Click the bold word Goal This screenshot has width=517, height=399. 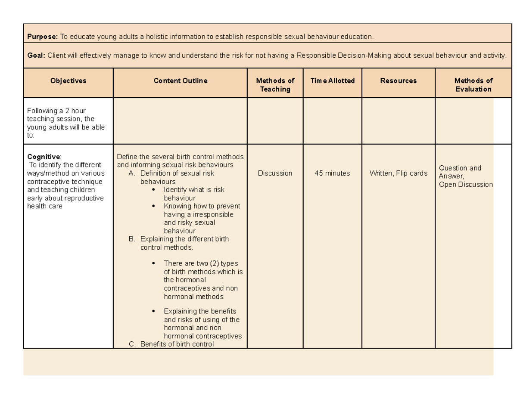point(36,55)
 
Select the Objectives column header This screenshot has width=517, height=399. point(68,80)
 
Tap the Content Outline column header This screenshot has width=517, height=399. point(181,80)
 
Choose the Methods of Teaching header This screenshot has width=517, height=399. point(275,85)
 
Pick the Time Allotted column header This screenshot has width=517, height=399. point(333,80)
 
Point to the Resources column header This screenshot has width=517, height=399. point(399,80)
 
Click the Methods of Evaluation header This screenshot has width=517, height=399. point(473,85)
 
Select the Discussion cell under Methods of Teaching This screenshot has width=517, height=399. point(275,173)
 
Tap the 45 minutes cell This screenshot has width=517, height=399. point(333,173)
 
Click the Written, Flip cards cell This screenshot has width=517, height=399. point(399,173)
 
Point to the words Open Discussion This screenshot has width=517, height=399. point(465,184)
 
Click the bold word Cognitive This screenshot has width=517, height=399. point(44,156)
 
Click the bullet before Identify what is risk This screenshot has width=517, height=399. point(155,190)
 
